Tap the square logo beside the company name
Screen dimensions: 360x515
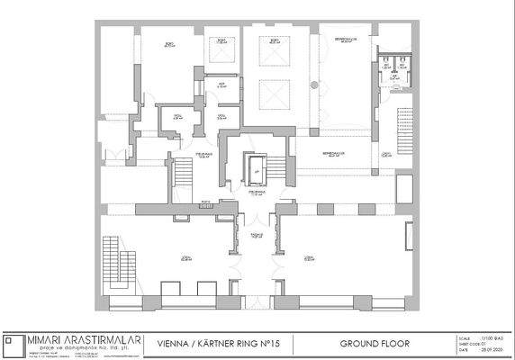click(x=12, y=345)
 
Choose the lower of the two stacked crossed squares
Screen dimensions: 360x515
click(x=270, y=94)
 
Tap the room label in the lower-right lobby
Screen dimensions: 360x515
click(x=309, y=256)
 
